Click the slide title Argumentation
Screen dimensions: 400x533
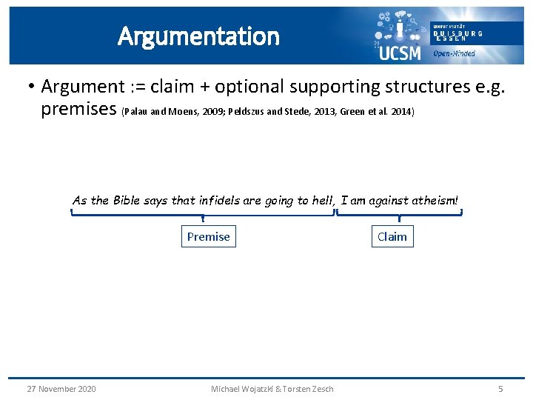click(198, 36)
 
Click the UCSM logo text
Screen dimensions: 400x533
click(399, 53)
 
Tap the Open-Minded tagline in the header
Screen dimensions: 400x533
click(454, 53)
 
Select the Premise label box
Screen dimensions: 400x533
click(208, 236)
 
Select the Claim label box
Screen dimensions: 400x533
click(392, 236)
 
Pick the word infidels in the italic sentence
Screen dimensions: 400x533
click(220, 200)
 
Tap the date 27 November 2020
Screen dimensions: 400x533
click(61, 389)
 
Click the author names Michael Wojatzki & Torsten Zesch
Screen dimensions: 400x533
click(272, 389)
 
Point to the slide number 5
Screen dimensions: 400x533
click(500, 389)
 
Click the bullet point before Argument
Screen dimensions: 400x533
click(31, 87)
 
